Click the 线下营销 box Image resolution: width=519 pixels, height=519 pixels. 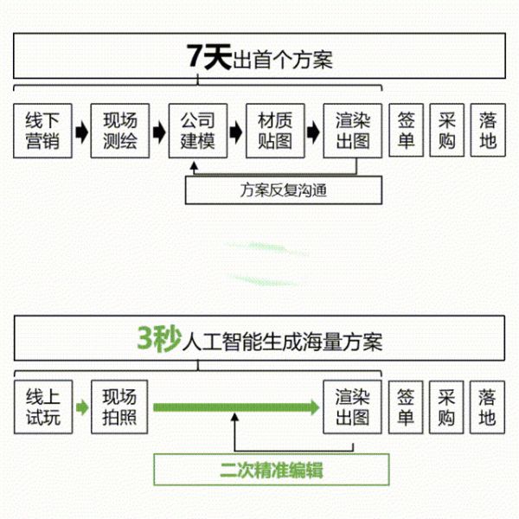42,131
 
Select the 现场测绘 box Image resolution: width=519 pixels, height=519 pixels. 120,131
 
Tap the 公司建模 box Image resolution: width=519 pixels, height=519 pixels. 198,131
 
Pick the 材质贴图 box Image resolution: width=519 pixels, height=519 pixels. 275,131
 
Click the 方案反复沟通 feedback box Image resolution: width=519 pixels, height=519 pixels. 284,190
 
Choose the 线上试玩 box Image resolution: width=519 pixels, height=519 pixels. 43,407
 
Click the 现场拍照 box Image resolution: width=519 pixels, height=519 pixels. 119,407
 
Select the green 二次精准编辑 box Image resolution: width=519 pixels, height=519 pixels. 272,470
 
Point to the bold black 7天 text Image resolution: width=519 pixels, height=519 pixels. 208,56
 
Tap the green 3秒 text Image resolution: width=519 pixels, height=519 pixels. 159,338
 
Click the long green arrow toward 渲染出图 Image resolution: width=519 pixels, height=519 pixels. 236,407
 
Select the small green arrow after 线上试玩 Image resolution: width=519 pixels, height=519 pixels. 82,407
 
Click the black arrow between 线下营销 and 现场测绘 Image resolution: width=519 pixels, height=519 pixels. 82,132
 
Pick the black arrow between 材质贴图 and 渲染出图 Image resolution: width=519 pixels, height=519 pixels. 313,132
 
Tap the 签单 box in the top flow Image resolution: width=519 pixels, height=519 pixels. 407,130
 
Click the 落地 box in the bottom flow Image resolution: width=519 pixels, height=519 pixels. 487,407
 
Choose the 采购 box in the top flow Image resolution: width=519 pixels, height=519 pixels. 447,130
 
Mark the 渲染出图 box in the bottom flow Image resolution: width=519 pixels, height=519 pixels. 353,407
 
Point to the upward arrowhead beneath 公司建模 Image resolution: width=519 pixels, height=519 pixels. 195,166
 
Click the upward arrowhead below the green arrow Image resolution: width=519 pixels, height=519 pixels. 234,417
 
